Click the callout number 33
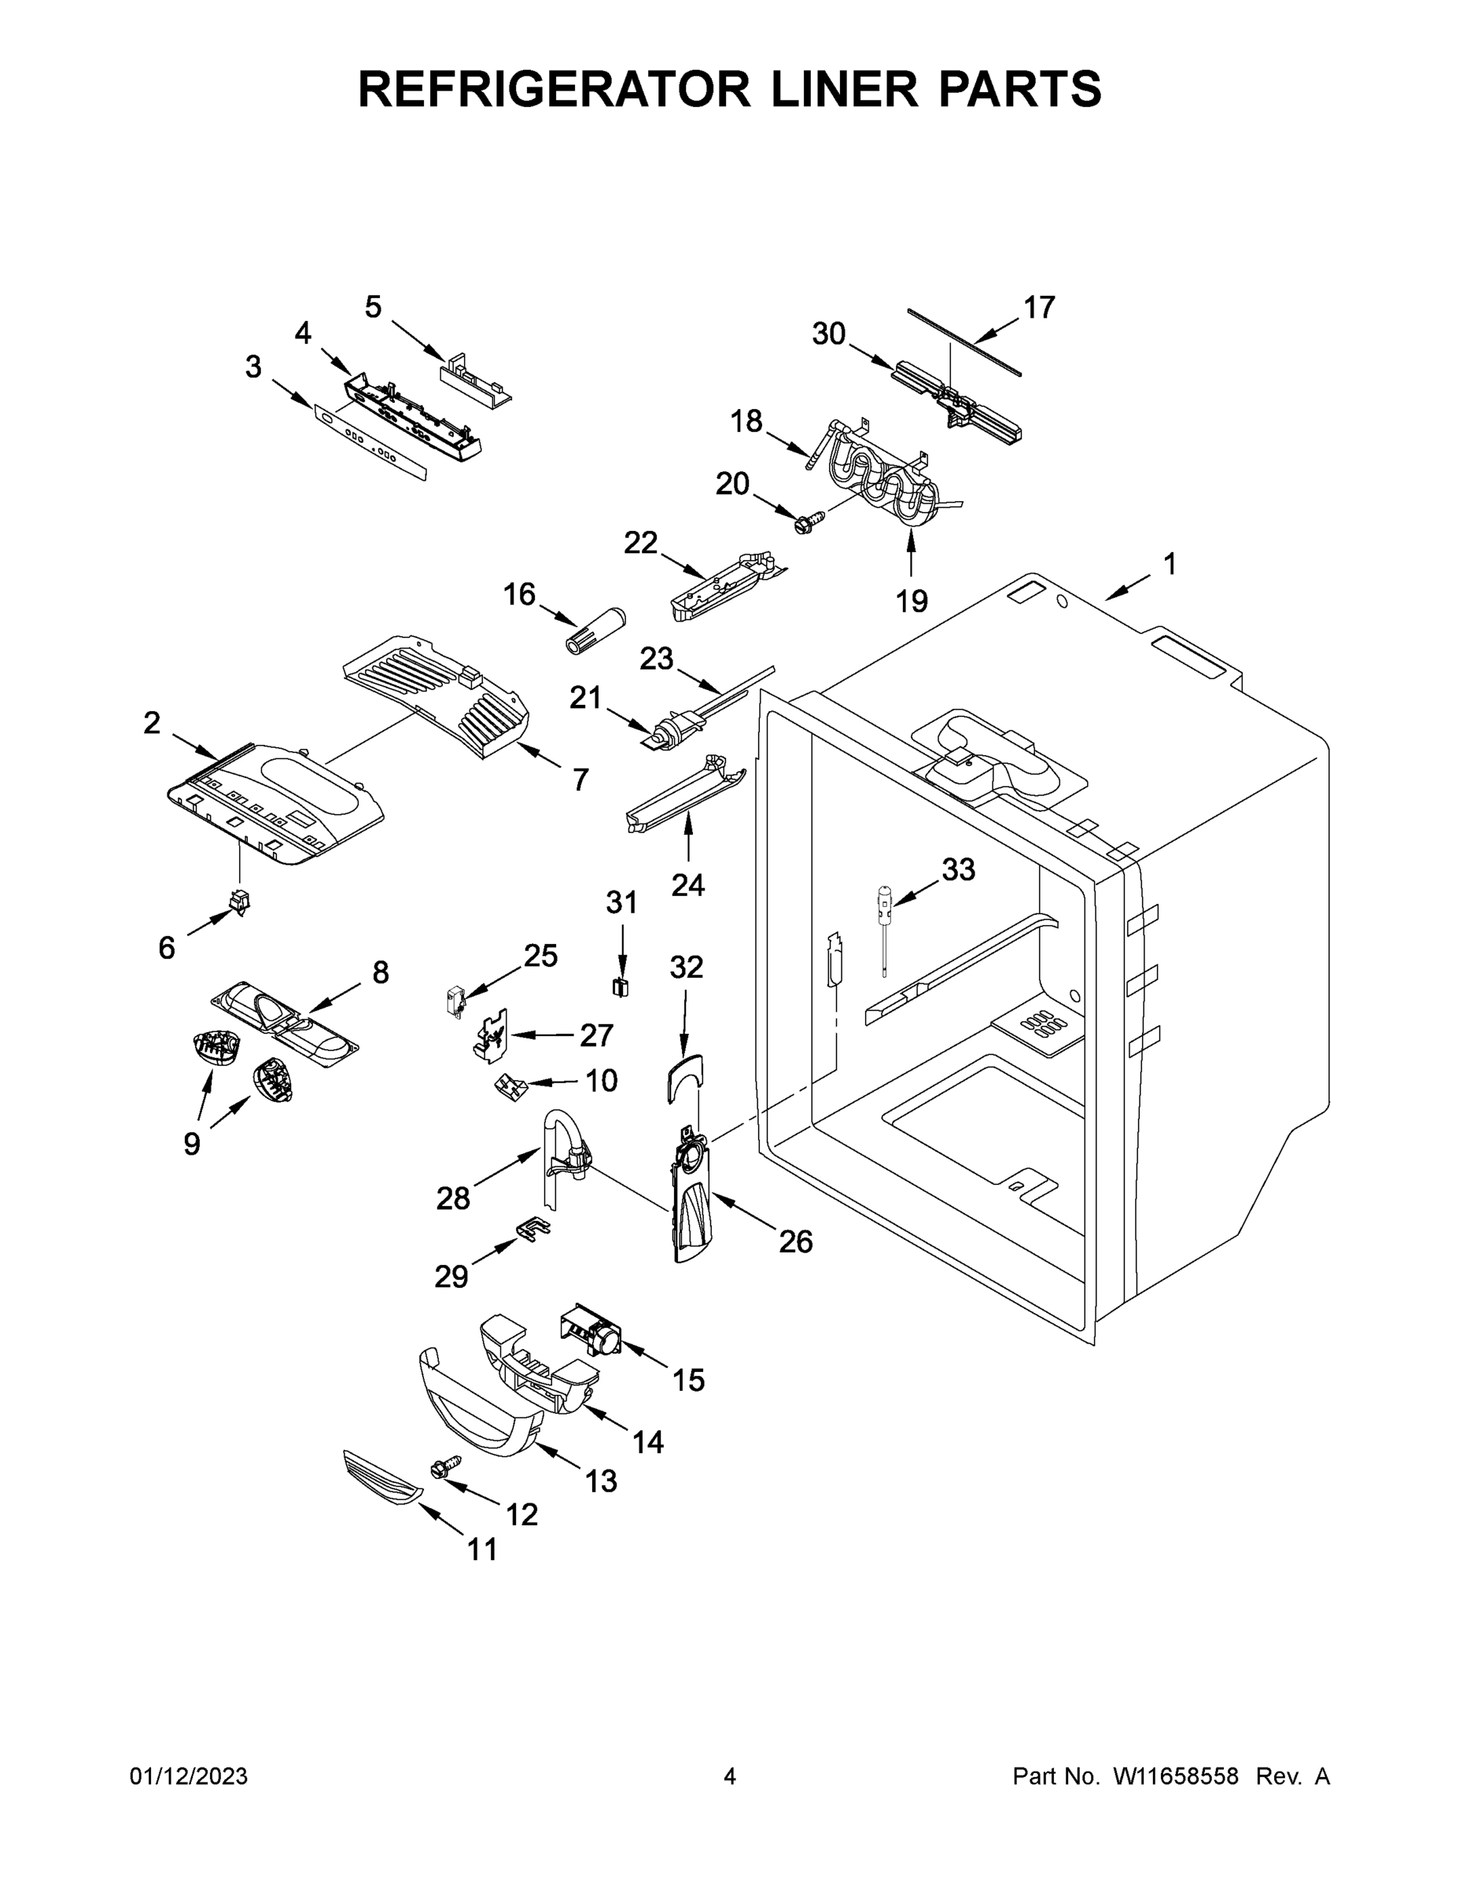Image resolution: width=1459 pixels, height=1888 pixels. [958, 869]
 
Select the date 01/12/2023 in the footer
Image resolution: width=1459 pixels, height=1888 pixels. [189, 1776]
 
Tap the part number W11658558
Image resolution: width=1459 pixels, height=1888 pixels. [1176, 1776]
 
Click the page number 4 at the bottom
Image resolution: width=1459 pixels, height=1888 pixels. [730, 1776]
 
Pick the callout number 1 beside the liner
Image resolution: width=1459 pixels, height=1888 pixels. [1169, 565]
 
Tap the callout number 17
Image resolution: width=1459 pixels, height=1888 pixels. [1039, 307]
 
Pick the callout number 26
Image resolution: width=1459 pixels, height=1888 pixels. [795, 1241]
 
